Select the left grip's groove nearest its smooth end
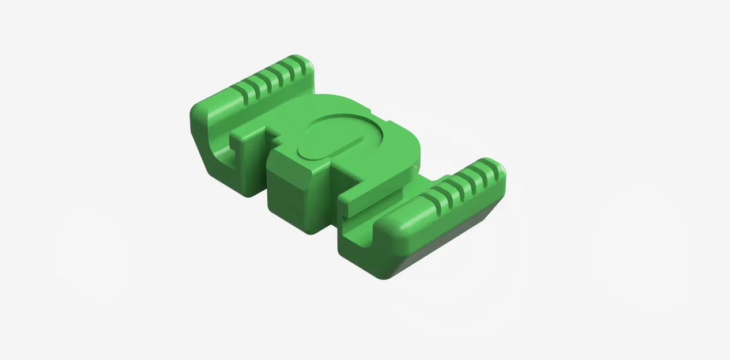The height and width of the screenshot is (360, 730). point(240,94)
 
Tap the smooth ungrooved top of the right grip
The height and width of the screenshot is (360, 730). point(403,222)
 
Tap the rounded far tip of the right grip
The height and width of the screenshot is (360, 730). point(499,167)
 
